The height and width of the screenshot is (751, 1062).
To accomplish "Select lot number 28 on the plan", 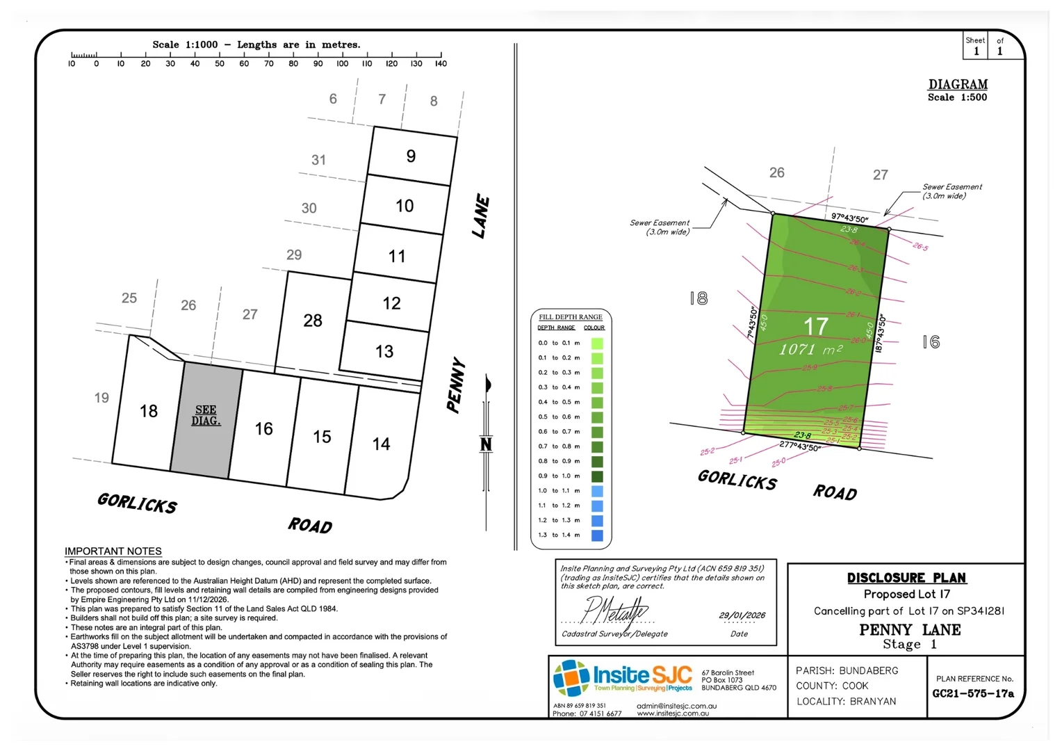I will point(313,321).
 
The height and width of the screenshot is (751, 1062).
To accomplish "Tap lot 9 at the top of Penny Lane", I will point(411,156).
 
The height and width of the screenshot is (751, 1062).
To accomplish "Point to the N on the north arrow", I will point(486,444).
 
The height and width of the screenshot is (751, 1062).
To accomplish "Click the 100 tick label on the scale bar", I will point(343,64).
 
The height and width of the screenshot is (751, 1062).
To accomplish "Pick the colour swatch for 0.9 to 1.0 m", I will point(596,476).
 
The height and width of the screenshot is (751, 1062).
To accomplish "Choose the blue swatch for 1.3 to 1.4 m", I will point(596,535).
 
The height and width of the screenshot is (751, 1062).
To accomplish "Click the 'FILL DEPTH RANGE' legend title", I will point(571,317).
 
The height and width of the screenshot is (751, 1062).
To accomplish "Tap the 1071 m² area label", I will point(810,349).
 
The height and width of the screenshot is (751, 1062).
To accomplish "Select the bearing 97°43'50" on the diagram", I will point(849,218).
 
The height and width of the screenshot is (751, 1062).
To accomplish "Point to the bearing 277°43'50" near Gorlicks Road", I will point(799,446).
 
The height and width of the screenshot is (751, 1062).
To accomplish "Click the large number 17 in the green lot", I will point(816,326).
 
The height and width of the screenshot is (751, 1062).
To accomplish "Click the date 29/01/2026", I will point(742,615).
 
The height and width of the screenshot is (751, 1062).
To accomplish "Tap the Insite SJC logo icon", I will point(571,677).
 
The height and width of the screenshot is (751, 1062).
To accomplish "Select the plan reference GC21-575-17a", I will point(973,694).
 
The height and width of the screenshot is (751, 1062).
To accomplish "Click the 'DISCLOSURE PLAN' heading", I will point(906,578).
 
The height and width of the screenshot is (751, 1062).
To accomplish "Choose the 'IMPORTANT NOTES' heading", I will point(113,551).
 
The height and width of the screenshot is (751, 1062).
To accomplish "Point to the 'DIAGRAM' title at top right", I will point(958,84).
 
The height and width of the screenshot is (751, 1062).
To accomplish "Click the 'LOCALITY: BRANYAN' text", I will point(846,701).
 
